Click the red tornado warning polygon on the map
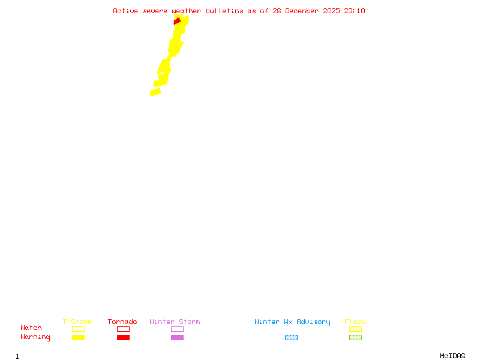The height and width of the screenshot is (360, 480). [x=177, y=21]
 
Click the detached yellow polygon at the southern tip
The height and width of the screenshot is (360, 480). [x=155, y=92]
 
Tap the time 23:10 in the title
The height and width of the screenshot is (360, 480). [x=355, y=11]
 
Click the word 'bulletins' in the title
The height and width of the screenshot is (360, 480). [x=224, y=11]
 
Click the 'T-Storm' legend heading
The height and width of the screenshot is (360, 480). [x=77, y=322]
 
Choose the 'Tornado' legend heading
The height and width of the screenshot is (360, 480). [x=122, y=322]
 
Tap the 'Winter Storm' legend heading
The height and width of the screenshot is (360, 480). [x=175, y=322]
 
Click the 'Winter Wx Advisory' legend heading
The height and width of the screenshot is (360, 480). [x=292, y=322]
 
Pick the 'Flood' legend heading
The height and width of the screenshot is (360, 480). [x=355, y=322]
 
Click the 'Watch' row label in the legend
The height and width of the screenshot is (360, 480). [x=31, y=328]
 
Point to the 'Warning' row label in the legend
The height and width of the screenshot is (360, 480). [x=35, y=337]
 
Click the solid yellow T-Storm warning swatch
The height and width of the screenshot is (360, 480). [x=78, y=338]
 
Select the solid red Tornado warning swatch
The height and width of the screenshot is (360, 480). [x=123, y=338]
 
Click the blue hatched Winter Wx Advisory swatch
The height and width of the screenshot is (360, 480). [x=291, y=338]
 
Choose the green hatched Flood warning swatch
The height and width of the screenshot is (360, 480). [x=355, y=338]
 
